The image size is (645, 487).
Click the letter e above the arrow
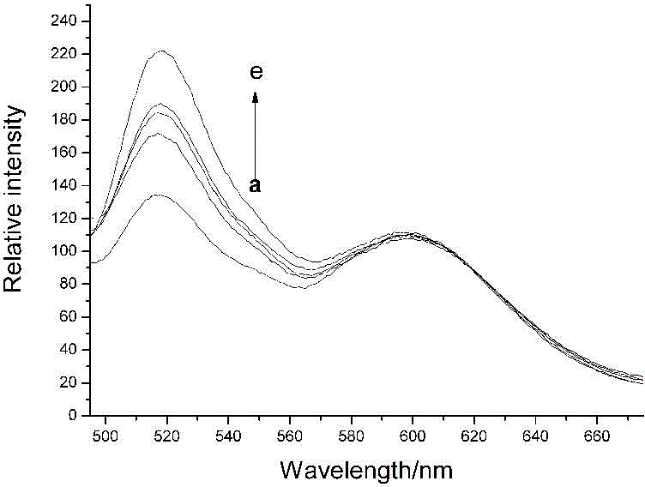pyautogui.click(x=256, y=74)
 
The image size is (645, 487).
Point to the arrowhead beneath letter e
pyautogui.click(x=255, y=96)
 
